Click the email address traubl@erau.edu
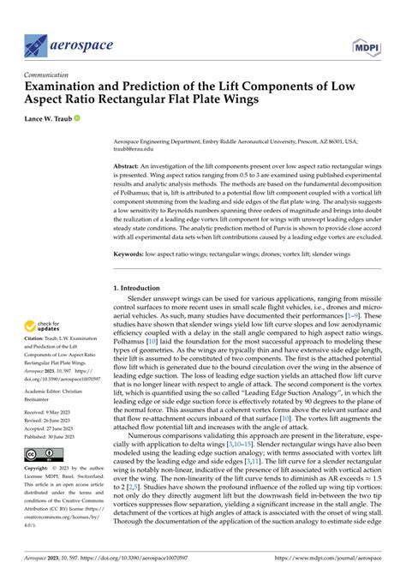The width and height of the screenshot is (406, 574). point(136,147)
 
